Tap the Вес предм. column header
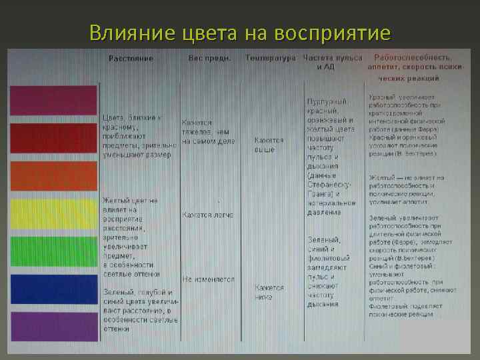tap(209, 59)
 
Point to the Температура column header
tap(271, 59)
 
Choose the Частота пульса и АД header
tap(332, 63)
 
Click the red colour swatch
tap(53, 138)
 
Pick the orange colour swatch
tap(53, 175)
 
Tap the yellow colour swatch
tap(53, 213)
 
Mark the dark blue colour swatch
tap(53, 289)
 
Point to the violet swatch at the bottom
tap(53, 326)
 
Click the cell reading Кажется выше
tap(269, 145)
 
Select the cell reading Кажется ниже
tap(269, 292)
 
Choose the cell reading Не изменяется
tap(208, 279)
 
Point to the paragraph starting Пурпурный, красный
tap(331, 157)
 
